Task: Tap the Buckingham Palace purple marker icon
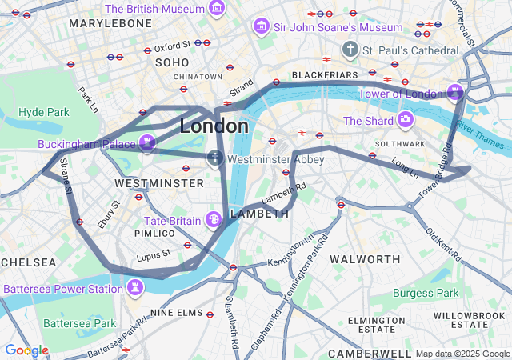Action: click(147, 143)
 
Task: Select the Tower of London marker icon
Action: click(455, 92)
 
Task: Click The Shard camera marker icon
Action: click(406, 121)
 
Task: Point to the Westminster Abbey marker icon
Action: click(215, 158)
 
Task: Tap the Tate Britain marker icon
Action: click(214, 219)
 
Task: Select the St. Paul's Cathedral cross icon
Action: click(349, 50)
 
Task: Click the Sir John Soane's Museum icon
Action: click(260, 27)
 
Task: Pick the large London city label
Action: click(214, 126)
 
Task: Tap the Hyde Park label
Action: click(44, 112)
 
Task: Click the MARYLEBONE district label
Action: click(110, 24)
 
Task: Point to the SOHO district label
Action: click(172, 62)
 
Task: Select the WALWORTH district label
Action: click(365, 259)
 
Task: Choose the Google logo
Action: click(26, 350)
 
